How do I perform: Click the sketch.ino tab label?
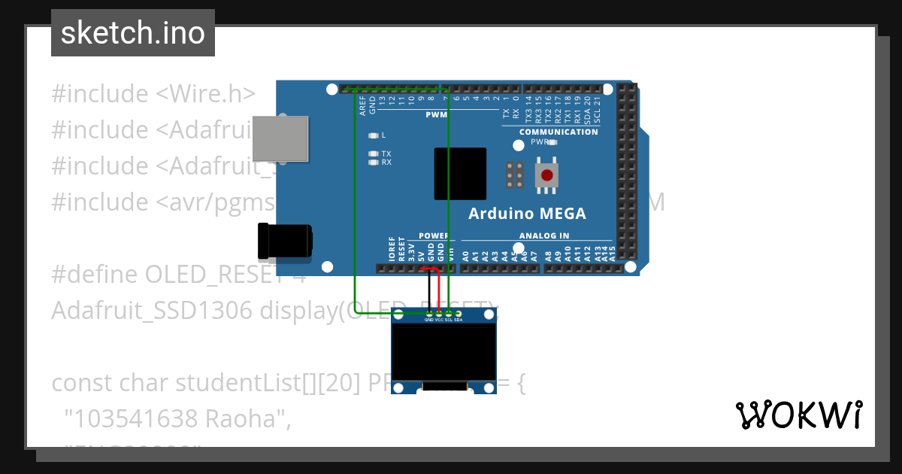133,33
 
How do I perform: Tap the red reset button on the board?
547,175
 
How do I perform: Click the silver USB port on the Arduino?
280,138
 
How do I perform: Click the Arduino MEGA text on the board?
527,214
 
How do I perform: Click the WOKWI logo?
798,415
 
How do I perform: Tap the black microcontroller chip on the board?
460,174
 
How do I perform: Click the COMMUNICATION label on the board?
558,132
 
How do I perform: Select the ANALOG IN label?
543,235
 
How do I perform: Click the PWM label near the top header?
436,115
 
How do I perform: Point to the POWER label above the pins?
434,235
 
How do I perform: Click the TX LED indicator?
374,153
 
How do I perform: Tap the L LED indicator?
374,135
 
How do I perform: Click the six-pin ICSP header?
515,175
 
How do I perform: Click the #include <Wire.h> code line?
153,94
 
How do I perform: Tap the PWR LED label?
540,141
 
